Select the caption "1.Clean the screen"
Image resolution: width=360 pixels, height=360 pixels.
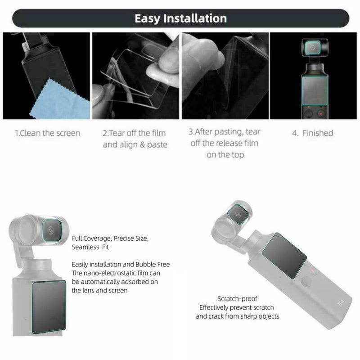[47, 133]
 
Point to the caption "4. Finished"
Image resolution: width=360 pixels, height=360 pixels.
[312, 133]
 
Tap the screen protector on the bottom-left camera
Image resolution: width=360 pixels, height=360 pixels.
[49, 306]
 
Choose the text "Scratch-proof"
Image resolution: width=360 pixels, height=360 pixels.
[237, 299]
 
